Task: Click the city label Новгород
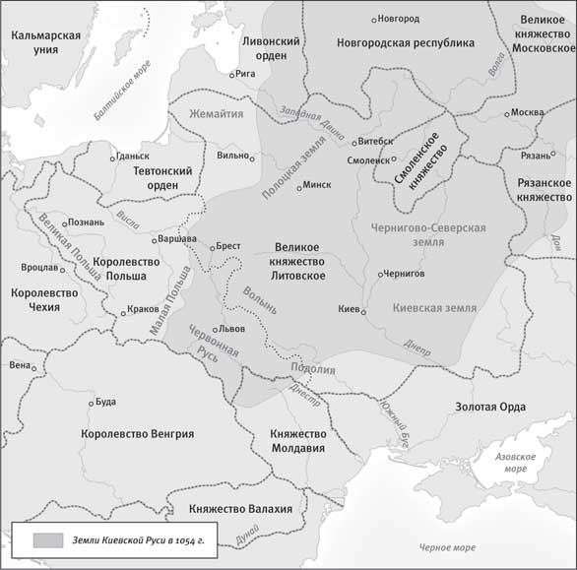coord(399,19)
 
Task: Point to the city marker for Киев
coord(363,312)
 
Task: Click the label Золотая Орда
coord(489,407)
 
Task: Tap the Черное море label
coord(447,546)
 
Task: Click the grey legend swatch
coord(48,540)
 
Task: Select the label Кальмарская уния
coord(45,43)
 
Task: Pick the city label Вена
coord(20,364)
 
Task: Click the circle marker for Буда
coord(89,402)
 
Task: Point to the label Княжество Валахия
coord(241,508)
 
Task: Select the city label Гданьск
coord(132,156)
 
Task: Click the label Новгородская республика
coord(405,43)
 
